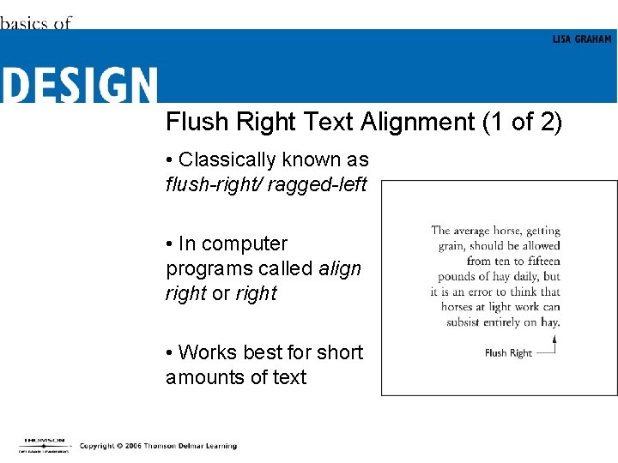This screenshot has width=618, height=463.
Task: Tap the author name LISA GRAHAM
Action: coord(582,39)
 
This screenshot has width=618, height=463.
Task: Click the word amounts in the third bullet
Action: coord(202,377)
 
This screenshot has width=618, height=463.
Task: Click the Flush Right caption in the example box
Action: coord(508,353)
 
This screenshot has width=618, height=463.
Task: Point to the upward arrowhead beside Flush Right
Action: coord(554,339)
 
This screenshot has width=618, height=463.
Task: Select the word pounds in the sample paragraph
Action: coord(457,276)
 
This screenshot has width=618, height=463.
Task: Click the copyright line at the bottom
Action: coord(158,446)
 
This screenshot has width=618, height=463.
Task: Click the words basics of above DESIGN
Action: coord(35,23)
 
